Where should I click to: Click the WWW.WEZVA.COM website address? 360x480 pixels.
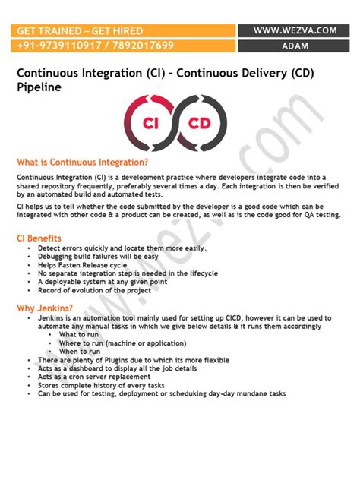[x=295, y=30]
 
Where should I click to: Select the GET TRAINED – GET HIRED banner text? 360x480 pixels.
[x=81, y=30]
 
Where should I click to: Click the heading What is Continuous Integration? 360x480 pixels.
[x=82, y=162]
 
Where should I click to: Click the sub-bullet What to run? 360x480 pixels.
[x=78, y=335]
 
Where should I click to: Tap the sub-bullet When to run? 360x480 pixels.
[x=80, y=352]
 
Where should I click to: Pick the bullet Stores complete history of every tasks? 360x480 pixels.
[x=101, y=385]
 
